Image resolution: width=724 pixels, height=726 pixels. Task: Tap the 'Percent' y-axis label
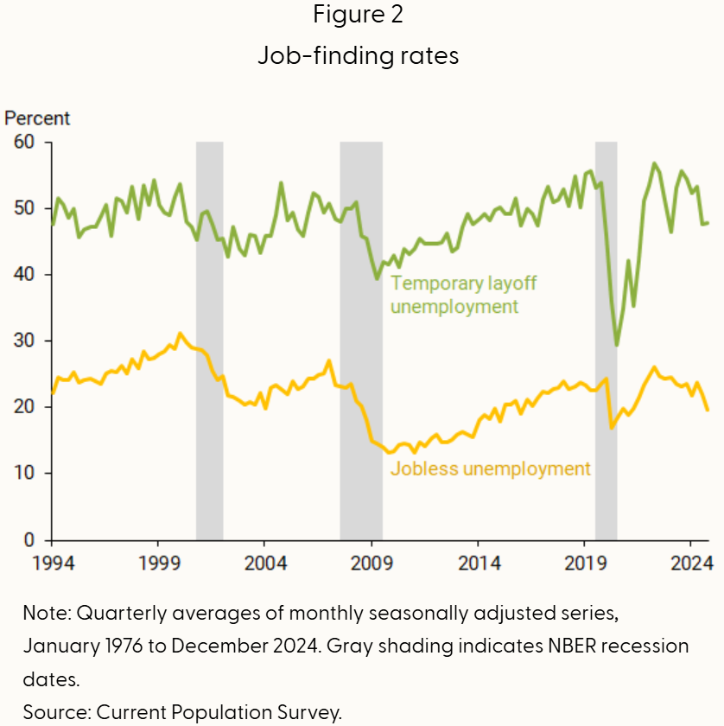(x=37, y=118)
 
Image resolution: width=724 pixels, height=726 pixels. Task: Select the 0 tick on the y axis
(x=35, y=540)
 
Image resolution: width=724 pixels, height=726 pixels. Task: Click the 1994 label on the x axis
(x=53, y=563)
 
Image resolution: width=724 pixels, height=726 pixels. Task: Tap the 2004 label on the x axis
(x=265, y=563)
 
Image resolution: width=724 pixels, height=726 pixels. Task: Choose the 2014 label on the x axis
(x=479, y=563)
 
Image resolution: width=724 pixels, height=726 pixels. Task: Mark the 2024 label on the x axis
(x=691, y=563)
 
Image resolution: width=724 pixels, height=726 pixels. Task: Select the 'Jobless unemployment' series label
(x=491, y=469)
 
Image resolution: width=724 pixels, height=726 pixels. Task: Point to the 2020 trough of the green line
(x=617, y=345)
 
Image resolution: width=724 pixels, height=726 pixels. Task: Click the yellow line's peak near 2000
(x=180, y=334)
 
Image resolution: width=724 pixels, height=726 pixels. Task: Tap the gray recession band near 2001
(x=210, y=346)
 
